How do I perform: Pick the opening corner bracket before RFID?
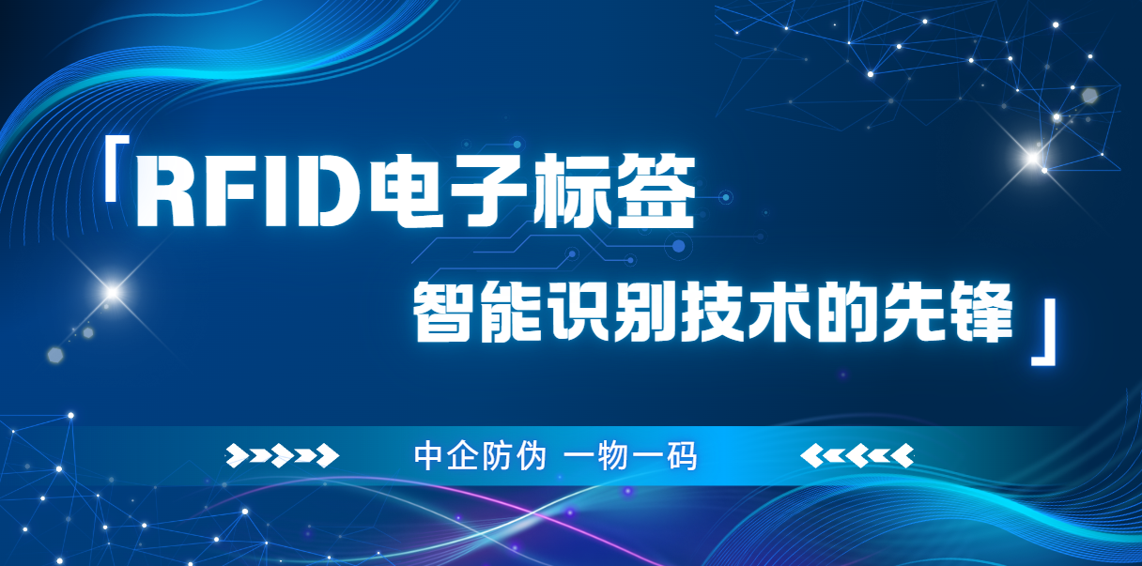[x=115, y=169]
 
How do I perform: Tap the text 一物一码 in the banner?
[x=632, y=456]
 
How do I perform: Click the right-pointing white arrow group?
[x=283, y=456]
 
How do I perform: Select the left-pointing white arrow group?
[x=856, y=456]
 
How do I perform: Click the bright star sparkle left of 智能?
[x=113, y=293]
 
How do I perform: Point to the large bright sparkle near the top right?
[x=1033, y=158]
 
